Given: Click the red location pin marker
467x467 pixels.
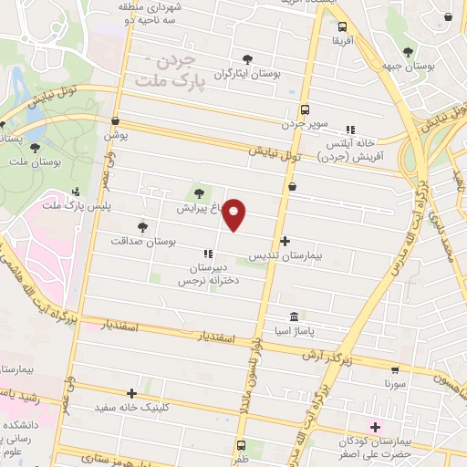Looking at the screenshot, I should click(x=234, y=214).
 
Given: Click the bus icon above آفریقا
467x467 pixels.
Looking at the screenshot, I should click(x=343, y=27).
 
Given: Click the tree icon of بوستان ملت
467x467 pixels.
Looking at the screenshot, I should click(x=35, y=147).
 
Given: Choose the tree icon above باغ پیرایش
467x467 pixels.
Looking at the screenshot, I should click(x=200, y=192).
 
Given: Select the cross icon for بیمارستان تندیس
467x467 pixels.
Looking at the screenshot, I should click(x=285, y=242).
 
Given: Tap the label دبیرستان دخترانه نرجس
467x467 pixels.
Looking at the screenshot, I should click(x=209, y=274).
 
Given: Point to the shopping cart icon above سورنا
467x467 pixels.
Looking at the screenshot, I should click(x=394, y=370).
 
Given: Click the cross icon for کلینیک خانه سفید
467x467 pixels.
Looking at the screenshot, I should click(x=132, y=394).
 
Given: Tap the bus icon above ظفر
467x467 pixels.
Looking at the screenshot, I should click(x=241, y=446).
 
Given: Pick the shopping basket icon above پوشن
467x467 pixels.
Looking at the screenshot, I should click(x=115, y=120).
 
